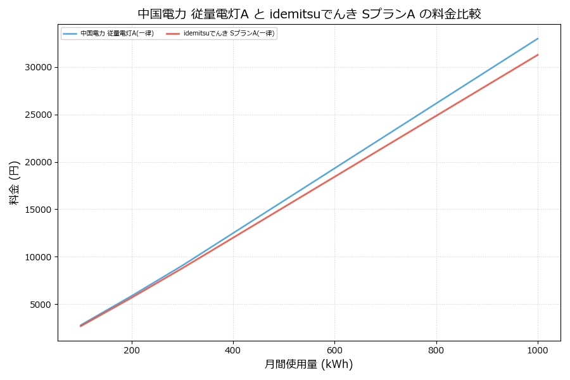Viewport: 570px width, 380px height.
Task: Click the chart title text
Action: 309,14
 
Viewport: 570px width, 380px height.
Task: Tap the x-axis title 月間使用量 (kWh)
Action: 308,364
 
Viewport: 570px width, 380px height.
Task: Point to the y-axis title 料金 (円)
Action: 14,182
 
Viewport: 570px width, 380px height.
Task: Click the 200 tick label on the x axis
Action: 132,350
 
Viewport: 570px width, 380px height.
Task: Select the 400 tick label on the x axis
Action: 233,350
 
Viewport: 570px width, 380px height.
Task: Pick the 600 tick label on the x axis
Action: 334,350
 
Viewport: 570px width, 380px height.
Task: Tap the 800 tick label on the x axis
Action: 436,350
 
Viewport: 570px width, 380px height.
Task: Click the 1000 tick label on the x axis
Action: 538,350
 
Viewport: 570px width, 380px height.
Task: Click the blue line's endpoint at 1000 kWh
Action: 538,39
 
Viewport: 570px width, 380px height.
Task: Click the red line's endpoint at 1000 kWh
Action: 538,54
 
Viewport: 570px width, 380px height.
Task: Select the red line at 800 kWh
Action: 436,115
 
